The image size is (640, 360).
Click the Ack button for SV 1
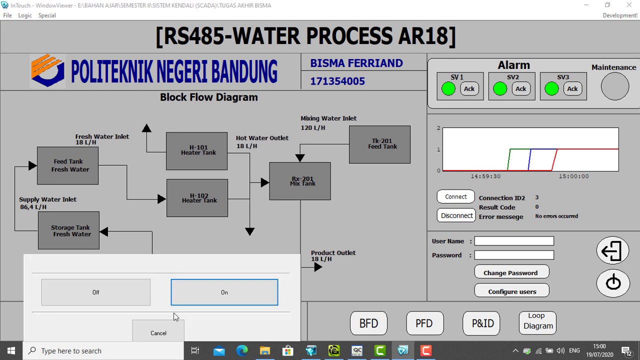469,89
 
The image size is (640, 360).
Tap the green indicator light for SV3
551,89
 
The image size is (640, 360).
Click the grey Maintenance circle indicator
614,86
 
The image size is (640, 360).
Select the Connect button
456,197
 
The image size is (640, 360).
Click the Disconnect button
456,215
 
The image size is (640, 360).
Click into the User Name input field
514,241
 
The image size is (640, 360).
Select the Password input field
514,255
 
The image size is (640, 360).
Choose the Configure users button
511,291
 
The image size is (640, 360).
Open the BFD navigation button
368,323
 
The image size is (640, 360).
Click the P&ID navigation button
482,323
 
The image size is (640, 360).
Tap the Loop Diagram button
538,321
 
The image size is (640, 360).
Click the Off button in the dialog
95,292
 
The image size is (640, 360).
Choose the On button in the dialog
224,292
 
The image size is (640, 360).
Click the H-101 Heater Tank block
196,151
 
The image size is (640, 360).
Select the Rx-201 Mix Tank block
300,181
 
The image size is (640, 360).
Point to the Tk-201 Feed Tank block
379,144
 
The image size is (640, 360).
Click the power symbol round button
613,283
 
